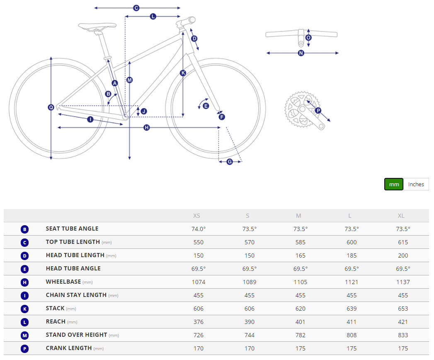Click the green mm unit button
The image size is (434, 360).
[394, 184]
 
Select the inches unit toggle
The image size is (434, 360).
[416, 184]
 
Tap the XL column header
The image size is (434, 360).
[401, 216]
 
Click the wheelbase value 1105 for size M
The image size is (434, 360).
[300, 282]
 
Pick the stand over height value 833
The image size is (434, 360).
[403, 335]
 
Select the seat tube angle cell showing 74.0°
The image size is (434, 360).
[199, 229]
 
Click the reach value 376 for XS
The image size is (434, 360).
[199, 322]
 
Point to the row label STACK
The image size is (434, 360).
[55, 308]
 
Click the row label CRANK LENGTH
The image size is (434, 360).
[69, 348]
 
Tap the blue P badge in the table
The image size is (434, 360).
[24, 349]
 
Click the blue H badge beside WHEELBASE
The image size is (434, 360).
[24, 282]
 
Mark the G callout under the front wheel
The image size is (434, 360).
[230, 162]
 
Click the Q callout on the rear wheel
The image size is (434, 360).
[51, 107]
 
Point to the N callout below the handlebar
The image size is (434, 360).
[301, 53]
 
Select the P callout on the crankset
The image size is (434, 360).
[318, 110]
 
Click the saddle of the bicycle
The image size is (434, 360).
[97, 26]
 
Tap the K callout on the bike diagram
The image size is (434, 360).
[183, 73]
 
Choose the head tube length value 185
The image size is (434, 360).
[352, 255]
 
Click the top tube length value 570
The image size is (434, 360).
[250, 242]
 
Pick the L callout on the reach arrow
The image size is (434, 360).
[153, 17]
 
